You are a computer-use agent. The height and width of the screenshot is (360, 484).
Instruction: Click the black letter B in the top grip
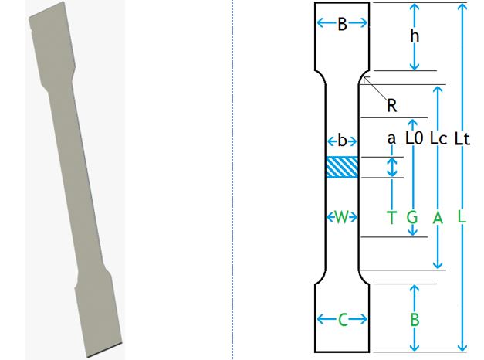click(342, 24)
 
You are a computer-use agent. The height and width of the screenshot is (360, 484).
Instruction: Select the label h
click(415, 36)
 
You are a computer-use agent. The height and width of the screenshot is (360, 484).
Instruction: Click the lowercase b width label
click(342, 141)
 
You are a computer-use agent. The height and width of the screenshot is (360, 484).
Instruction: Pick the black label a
click(391, 139)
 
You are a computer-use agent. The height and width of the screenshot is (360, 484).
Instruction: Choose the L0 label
click(414, 139)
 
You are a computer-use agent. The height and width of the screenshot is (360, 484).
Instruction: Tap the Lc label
click(438, 139)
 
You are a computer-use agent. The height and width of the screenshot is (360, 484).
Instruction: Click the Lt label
click(462, 139)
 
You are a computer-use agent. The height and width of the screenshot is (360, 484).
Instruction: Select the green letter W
click(342, 217)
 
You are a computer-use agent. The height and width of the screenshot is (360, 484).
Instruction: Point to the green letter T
click(391, 218)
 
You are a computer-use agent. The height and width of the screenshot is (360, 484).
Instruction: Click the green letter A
click(438, 218)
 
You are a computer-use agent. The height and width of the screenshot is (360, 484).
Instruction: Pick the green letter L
click(462, 218)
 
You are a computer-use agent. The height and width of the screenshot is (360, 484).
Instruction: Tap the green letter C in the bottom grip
click(342, 319)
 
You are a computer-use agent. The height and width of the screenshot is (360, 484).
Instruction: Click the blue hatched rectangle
click(342, 168)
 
